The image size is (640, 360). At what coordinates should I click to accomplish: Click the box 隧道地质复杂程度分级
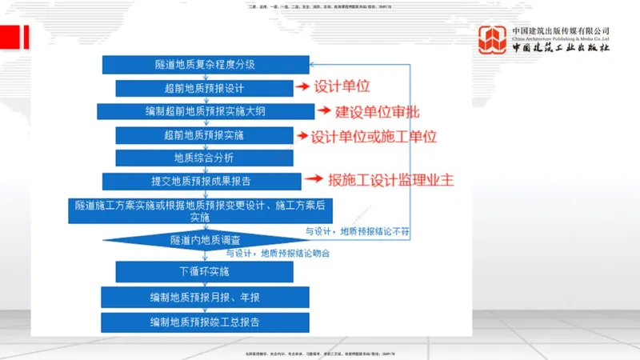(x=205, y=65)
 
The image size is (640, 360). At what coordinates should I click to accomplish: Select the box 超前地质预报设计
(x=204, y=88)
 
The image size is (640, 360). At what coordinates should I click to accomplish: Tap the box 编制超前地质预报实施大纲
(x=206, y=111)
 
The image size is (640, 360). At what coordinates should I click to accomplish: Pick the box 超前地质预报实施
(x=204, y=135)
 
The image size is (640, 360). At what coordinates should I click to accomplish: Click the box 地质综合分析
(x=204, y=158)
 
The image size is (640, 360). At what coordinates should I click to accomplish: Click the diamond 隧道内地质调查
(x=206, y=239)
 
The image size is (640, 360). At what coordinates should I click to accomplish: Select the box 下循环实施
(x=204, y=273)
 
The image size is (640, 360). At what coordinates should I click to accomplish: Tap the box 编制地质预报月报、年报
(x=204, y=298)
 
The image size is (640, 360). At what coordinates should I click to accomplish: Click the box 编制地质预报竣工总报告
(x=204, y=322)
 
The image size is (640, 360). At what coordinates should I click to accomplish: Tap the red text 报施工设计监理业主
(x=391, y=179)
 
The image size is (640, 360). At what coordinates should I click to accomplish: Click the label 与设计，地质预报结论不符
(x=358, y=231)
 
